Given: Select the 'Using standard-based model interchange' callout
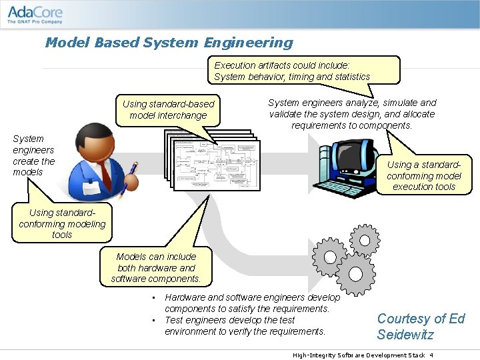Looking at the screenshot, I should pos(169,109).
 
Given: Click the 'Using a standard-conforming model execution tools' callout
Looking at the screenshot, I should pos(423,175).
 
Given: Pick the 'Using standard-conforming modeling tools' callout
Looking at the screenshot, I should pos(62,223).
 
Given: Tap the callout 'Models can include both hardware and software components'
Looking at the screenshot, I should pos(156,267).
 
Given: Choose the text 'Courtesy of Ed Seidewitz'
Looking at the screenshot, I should pos(420,327).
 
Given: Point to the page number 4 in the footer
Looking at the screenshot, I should pos(431,355).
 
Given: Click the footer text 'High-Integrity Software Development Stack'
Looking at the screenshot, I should pos(358,355).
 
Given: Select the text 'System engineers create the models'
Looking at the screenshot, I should pos(33,155).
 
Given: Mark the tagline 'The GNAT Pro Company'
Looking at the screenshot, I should pos(35,21).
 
